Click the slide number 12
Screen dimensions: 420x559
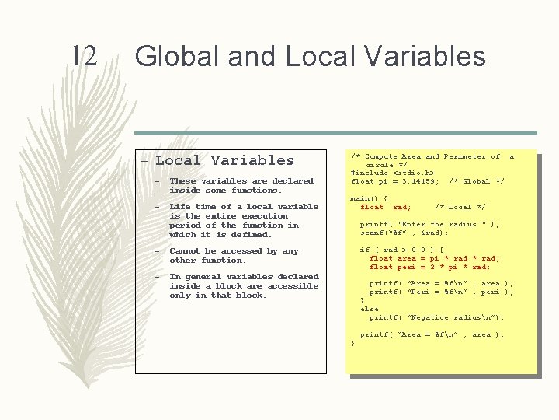click(83, 56)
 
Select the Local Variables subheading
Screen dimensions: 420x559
click(224, 161)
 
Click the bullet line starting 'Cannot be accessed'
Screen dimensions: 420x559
click(234, 251)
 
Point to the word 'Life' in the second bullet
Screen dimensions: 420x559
click(179, 207)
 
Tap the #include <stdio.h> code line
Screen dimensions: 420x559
click(393, 173)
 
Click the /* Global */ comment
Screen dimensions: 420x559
click(477, 182)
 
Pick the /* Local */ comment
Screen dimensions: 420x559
click(460, 208)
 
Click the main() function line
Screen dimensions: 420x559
click(368, 198)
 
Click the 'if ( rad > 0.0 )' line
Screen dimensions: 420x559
click(401, 250)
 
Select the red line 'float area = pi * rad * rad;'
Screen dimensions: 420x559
click(434, 259)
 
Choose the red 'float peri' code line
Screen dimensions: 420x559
click(429, 268)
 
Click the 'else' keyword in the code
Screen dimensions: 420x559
click(370, 309)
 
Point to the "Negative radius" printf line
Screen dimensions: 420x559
click(436, 317)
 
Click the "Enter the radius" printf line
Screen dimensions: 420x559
click(429, 225)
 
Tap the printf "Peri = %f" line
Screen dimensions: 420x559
click(441, 292)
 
